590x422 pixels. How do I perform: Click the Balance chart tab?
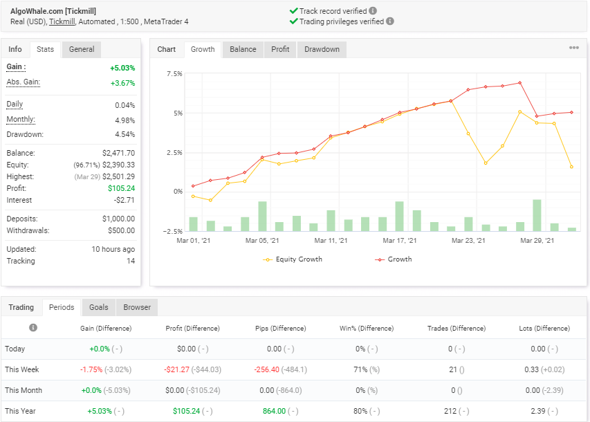pos(243,49)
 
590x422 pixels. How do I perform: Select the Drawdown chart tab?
pos(322,49)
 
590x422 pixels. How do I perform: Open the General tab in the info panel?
pos(82,49)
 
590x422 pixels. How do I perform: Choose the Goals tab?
pos(99,307)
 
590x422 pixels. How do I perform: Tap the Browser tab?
pos(137,307)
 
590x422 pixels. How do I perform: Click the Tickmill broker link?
pos(62,22)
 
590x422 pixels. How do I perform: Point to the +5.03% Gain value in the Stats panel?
pos(122,68)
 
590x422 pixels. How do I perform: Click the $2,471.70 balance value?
pos(118,153)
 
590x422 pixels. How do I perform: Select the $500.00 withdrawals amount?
pos(121,230)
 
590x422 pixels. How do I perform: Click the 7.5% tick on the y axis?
pos(174,74)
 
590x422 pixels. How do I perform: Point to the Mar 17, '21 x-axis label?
pos(400,241)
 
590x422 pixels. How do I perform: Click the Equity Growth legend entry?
pos(293,259)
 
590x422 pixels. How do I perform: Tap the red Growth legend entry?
pos(393,259)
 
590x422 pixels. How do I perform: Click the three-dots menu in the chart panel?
pos(574,48)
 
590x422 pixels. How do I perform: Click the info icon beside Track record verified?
pos(373,11)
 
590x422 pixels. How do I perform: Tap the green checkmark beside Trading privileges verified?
pos(294,21)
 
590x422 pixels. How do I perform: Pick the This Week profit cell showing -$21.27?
pos(176,369)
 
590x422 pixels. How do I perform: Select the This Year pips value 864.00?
pos(275,411)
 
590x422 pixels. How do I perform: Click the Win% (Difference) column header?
pos(367,329)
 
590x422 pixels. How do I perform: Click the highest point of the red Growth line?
pos(520,83)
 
